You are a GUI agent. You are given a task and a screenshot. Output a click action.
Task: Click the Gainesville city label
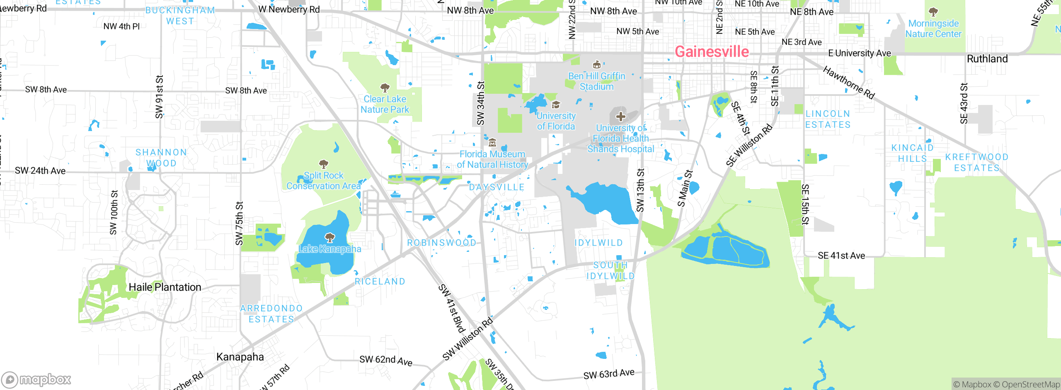click(x=712, y=52)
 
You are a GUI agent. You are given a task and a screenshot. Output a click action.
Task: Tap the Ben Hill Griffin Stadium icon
click(x=597, y=65)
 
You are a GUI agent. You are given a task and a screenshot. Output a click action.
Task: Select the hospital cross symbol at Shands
click(x=620, y=116)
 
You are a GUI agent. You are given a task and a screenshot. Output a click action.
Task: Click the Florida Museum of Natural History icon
click(x=492, y=143)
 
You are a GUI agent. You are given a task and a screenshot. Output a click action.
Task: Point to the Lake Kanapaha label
click(x=329, y=249)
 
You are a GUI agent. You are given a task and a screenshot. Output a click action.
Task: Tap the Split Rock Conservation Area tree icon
click(x=324, y=164)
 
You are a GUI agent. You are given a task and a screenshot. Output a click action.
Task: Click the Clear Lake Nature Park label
click(x=385, y=104)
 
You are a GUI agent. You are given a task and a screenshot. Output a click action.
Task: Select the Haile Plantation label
click(x=165, y=287)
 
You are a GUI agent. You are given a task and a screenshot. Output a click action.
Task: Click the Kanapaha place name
click(x=240, y=357)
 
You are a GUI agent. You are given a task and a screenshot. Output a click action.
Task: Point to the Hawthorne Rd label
click(x=848, y=83)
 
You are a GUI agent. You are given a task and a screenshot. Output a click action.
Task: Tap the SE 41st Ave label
click(x=841, y=256)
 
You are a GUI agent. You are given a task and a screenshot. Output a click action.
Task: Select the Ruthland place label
click(x=987, y=59)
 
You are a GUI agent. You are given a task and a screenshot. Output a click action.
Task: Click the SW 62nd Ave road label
click(x=385, y=360)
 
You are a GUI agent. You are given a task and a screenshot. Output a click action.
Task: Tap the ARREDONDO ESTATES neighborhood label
click(x=271, y=314)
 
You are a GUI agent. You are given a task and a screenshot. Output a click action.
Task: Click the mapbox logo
click(x=36, y=379)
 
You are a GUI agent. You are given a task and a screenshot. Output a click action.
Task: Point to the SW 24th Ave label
click(x=40, y=171)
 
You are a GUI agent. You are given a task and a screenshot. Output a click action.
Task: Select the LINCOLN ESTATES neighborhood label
click(x=828, y=119)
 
